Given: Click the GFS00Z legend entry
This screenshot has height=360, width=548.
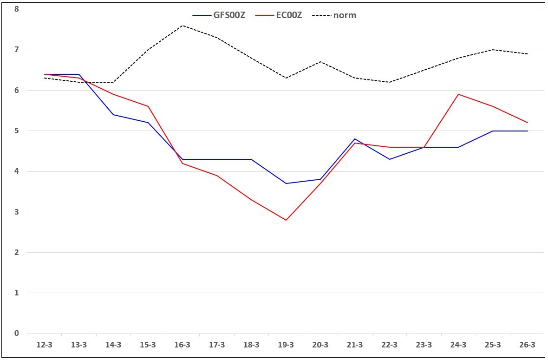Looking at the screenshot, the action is (219, 15).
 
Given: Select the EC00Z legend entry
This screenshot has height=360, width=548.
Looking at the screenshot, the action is (279, 15).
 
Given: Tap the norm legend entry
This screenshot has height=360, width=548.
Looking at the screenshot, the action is (334, 15).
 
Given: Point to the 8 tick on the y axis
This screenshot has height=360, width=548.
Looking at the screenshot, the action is (16, 9).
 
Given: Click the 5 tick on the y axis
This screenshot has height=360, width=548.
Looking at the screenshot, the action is (16, 131).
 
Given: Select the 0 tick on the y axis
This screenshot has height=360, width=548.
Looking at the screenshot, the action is (16, 334).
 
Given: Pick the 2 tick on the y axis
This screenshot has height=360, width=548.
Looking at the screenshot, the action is (16, 252).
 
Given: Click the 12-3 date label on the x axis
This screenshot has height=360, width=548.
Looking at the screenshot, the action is (45, 345).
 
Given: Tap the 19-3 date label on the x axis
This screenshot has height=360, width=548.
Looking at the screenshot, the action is (286, 345).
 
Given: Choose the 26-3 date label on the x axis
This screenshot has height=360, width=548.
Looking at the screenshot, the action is (528, 345).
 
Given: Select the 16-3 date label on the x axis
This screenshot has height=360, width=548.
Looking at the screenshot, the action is (183, 345).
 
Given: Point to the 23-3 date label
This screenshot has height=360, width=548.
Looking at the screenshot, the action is (424, 345).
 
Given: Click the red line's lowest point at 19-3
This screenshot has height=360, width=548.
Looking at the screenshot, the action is (286, 220).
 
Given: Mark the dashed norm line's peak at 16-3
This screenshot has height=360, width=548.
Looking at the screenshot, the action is (183, 26).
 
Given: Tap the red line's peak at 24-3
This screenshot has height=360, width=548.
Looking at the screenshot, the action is (458, 94).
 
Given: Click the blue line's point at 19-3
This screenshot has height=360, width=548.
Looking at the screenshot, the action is (286, 183).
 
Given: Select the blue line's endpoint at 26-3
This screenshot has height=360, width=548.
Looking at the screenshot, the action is (528, 131).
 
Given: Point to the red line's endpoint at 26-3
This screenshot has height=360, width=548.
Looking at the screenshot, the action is (528, 123).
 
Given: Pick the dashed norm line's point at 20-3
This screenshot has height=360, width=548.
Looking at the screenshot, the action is (320, 62).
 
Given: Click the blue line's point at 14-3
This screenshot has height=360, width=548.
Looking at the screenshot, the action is (114, 115).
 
